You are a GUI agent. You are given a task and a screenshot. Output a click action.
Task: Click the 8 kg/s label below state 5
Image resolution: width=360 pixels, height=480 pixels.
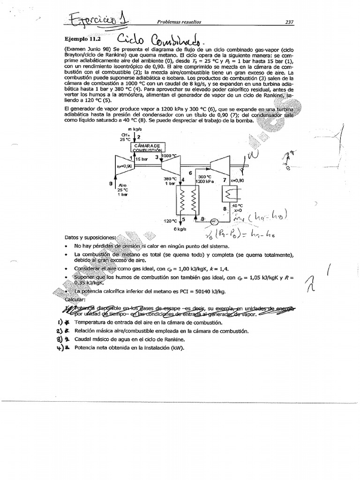[180, 229]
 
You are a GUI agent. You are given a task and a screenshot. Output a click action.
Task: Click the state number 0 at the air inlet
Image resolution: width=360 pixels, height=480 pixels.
[111, 184]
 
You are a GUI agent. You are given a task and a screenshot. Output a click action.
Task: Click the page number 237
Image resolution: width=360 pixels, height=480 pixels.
[289, 22]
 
